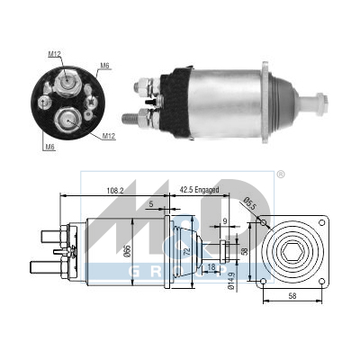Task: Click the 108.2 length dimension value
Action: click(115, 190)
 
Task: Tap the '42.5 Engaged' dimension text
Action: click(199, 190)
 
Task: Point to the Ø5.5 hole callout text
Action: click(249, 202)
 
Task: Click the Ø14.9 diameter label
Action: click(230, 281)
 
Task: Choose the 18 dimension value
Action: click(211, 266)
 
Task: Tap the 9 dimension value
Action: click(225, 221)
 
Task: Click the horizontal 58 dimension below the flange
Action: click(292, 296)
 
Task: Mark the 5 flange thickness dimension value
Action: click(151, 204)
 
